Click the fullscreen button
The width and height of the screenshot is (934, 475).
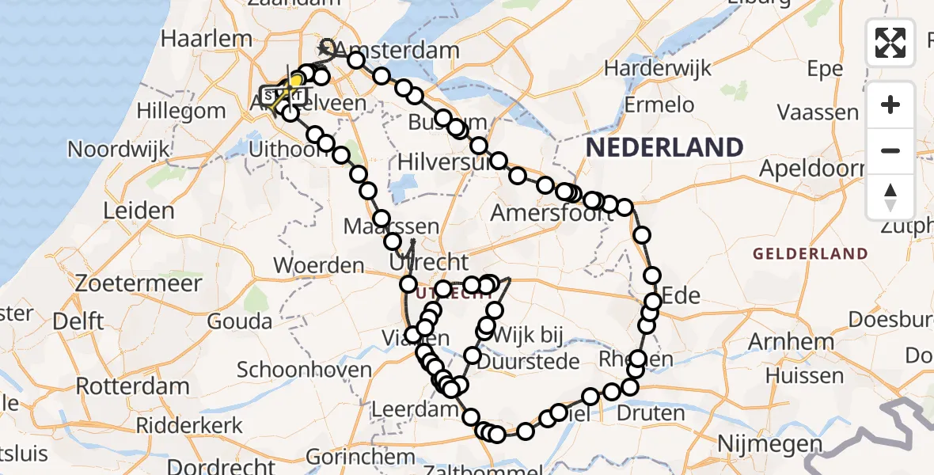click(x=890, y=43)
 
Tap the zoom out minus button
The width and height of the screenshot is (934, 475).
click(x=890, y=150)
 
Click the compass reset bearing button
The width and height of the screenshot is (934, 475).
click(x=890, y=196)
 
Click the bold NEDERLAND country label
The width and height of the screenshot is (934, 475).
click(x=664, y=147)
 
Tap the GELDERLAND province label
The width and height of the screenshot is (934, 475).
click(x=810, y=253)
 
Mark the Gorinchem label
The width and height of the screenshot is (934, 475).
click(x=348, y=457)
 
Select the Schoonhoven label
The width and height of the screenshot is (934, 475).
click(x=304, y=370)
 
